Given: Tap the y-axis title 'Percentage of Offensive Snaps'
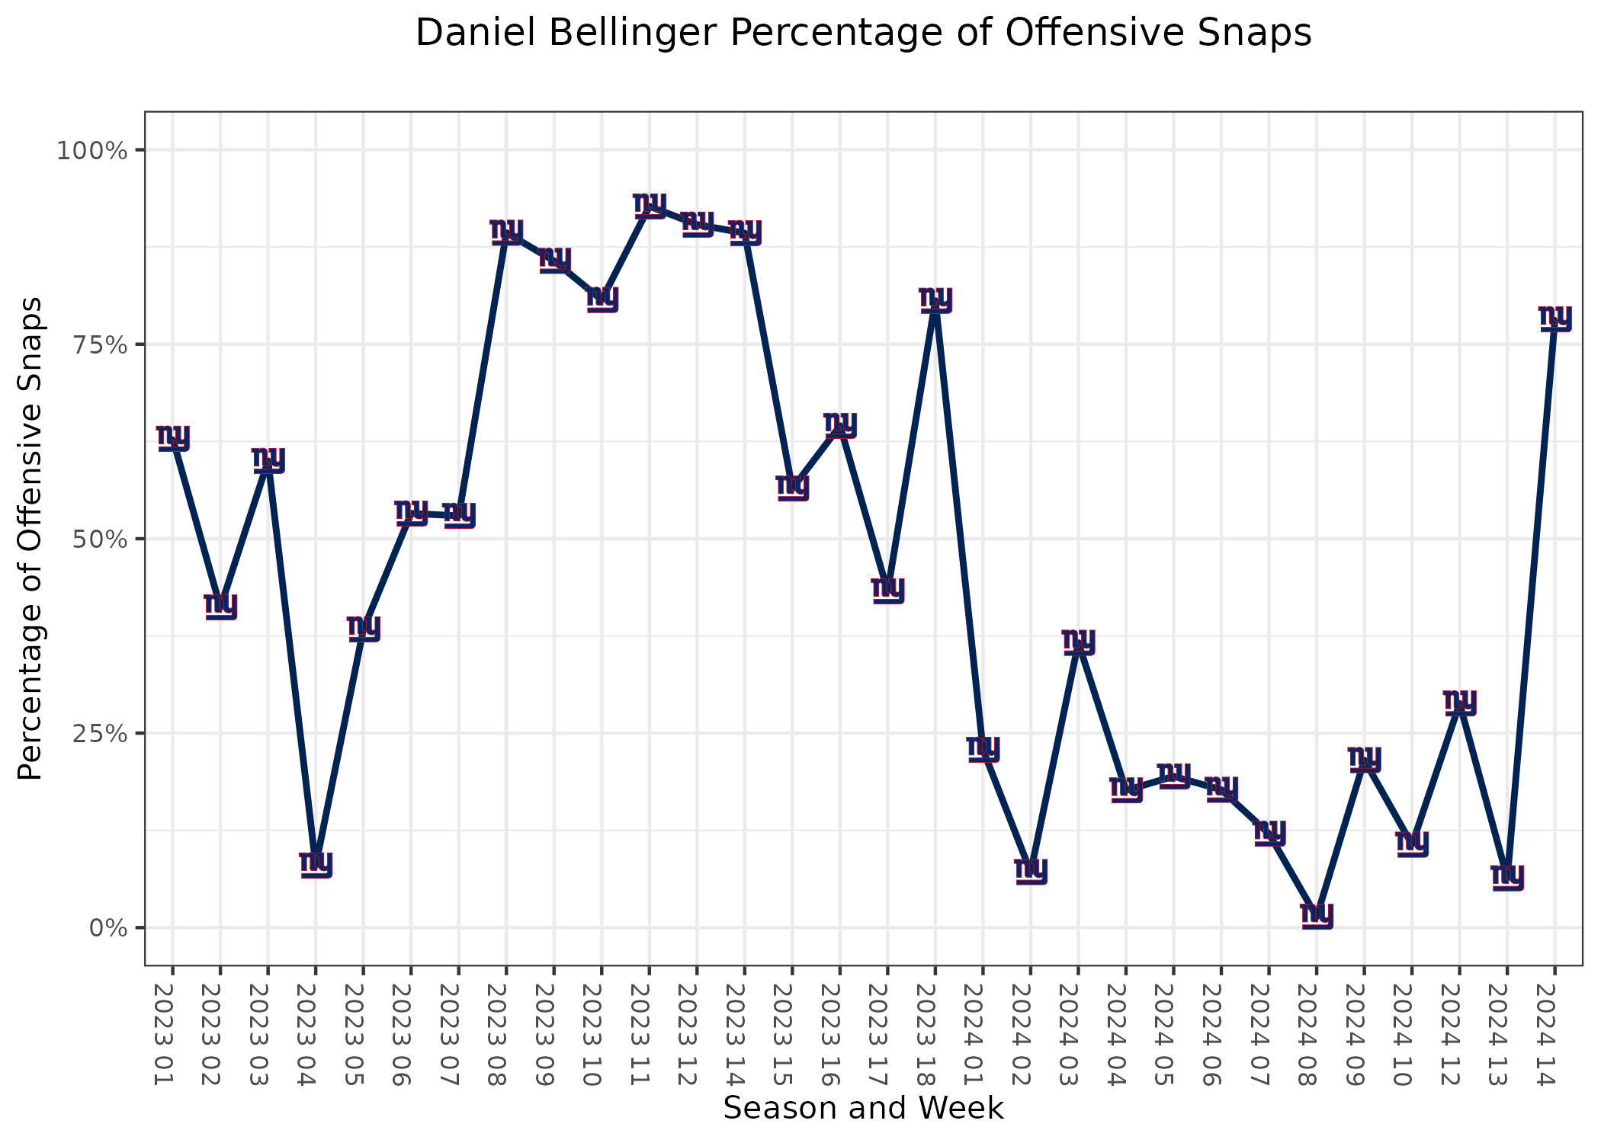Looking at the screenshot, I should [x=31, y=538].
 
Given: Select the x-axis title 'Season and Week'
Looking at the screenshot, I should [x=863, y=1108].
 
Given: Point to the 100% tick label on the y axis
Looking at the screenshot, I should [x=91, y=150].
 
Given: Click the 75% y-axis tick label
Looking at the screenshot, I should [x=96, y=344].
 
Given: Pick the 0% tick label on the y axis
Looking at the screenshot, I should [x=107, y=928].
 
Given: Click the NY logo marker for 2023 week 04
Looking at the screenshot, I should [x=316, y=864].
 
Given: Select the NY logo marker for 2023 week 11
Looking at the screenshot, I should [x=650, y=205].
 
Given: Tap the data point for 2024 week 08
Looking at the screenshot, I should [x=1317, y=914].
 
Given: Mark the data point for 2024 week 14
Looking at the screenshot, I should [x=1554, y=318].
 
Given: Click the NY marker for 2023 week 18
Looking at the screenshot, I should [x=935, y=299].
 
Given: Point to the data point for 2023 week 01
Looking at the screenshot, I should [x=173, y=438].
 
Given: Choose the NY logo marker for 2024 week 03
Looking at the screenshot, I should [x=1078, y=642].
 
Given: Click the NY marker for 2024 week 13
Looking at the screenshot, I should [x=1507, y=876].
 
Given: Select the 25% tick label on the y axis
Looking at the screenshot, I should [x=96, y=734].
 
